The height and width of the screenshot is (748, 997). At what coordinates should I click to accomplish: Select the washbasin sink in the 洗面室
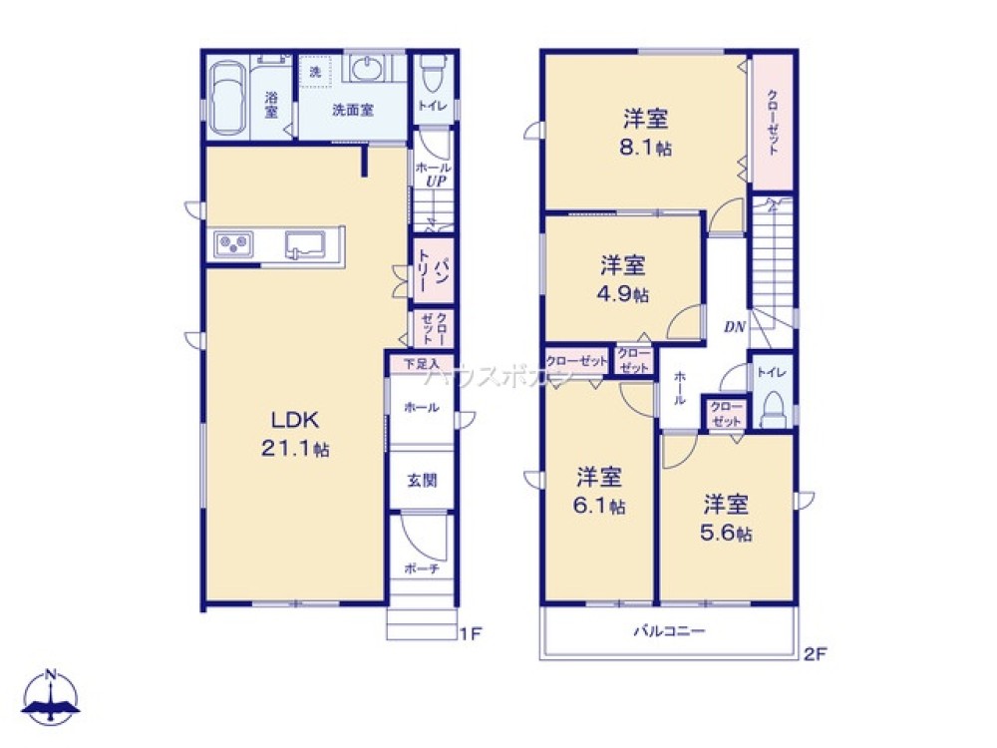(367, 71)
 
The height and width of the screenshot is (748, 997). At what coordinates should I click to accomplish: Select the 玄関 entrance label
(421, 480)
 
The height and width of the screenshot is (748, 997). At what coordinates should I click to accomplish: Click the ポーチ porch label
(421, 568)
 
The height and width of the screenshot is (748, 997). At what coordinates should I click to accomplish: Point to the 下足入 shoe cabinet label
(421, 364)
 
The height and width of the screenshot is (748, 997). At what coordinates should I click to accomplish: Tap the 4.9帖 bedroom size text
(624, 295)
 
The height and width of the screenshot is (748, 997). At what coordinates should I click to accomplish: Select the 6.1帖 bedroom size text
(600, 506)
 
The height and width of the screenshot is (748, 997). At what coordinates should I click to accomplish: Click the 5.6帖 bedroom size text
(726, 533)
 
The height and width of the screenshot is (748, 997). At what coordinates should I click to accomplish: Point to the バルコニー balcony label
(670, 631)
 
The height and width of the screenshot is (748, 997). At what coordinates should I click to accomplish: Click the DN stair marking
(735, 326)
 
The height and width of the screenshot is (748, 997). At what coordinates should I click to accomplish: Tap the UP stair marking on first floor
(436, 182)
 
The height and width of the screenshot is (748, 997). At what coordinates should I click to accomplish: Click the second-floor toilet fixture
(773, 409)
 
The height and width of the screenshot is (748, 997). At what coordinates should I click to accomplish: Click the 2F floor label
(816, 654)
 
